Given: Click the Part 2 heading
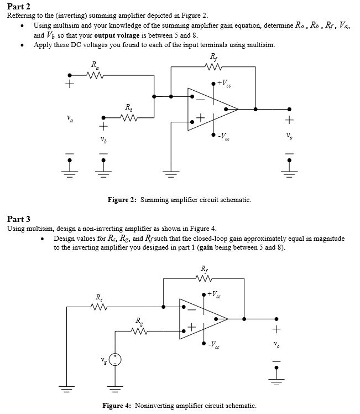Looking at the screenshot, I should pos(18,6).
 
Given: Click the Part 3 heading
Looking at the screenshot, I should pos(18,219).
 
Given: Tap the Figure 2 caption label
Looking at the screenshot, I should pos(122,200).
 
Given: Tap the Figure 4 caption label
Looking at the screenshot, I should pos(117,405).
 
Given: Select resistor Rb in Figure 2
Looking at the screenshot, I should pos(128,117).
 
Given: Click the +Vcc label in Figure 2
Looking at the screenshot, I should pos(225,84).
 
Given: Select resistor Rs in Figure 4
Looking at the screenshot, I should pos(98,306).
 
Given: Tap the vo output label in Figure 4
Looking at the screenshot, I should pos(278,345).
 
